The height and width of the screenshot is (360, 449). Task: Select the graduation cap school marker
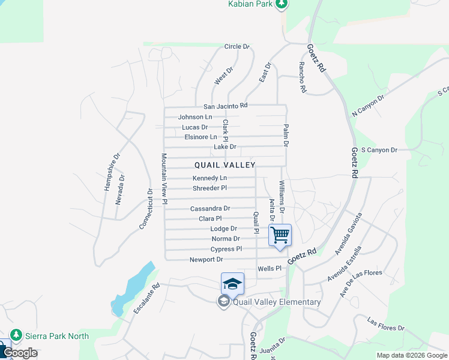[x=233, y=283]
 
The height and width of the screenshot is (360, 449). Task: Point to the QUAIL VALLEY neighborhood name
[x=225, y=165]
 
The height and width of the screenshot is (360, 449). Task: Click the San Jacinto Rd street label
[x=225, y=106]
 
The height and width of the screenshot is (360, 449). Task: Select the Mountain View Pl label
[x=163, y=179]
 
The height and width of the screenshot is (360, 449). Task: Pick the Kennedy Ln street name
[x=209, y=178]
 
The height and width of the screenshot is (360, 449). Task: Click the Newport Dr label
[x=206, y=260]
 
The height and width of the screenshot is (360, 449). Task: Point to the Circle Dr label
[x=237, y=46]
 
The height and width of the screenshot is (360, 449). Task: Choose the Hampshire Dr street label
[x=112, y=172]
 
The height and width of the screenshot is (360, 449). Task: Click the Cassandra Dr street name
[x=210, y=209]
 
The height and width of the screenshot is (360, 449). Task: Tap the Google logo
[x=20, y=353]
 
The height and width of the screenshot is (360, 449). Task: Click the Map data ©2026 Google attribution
[x=411, y=355]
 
